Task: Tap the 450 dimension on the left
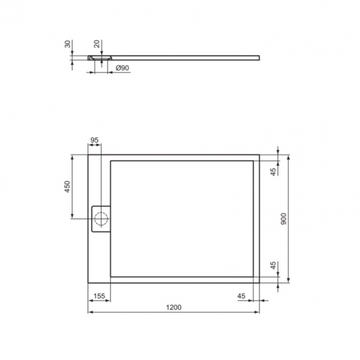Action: tap(67, 187)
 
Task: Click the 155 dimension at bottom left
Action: tap(99, 296)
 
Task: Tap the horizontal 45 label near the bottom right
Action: tap(241, 296)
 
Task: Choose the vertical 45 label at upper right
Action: tap(272, 172)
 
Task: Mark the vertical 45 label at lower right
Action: tap(272, 265)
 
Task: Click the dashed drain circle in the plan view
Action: tap(101, 218)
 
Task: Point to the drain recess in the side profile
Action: tap(101, 57)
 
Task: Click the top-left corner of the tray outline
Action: tap(88, 155)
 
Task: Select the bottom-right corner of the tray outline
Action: tap(260, 282)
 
